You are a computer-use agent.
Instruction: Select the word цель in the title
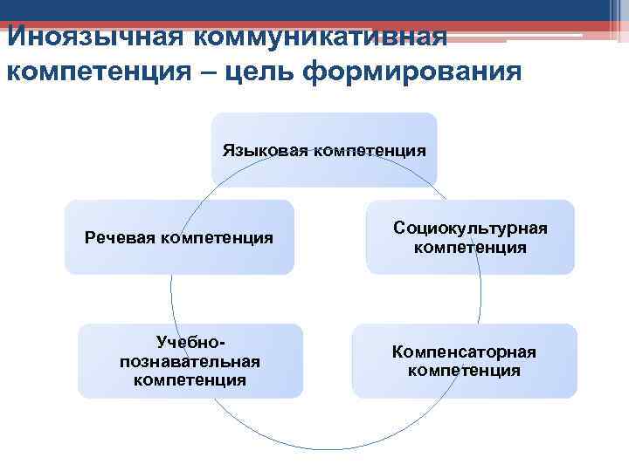[247, 71]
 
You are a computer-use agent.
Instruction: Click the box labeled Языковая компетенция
[324, 149]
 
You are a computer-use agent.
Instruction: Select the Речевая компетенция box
[179, 237]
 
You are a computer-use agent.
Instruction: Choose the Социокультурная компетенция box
[470, 237]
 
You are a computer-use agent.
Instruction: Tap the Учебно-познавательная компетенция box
[190, 360]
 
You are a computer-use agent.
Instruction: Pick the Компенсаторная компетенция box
[464, 360]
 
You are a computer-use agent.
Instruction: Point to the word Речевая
[120, 237]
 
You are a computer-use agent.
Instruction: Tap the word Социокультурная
[470, 228]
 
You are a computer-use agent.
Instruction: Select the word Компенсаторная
[464, 352]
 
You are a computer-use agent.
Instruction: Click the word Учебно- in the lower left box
[190, 343]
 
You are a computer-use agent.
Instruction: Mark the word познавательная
[190, 361]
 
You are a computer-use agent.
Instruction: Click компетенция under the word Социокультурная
[470, 248]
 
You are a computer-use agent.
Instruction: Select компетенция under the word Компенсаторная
[464, 371]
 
